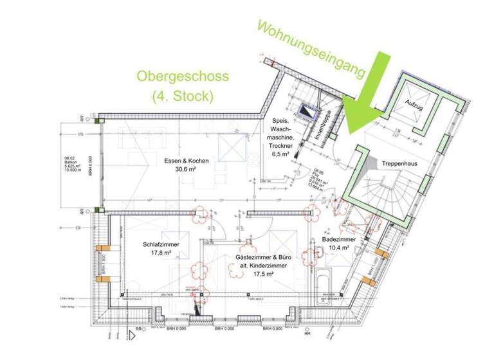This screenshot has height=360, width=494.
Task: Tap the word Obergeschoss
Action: coord(182,76)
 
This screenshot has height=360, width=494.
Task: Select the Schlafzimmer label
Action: coord(161,244)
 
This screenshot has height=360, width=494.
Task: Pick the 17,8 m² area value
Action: coord(161,253)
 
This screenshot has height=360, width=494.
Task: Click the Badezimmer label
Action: coord(336,239)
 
